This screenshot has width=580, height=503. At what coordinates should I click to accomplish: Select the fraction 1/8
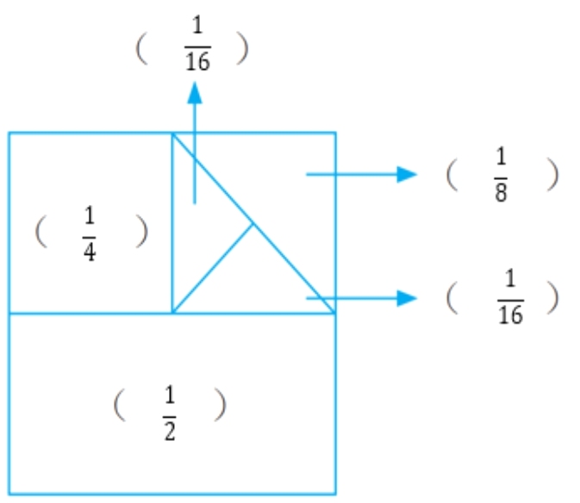(501, 175)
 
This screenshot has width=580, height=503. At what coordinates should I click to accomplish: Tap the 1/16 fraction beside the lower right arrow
(510, 298)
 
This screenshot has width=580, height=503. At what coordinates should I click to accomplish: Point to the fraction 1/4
(90, 233)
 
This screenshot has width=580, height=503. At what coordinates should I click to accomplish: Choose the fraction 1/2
(170, 413)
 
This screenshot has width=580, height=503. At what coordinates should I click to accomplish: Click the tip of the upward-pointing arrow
(196, 84)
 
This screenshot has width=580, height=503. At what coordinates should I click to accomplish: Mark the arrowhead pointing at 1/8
(408, 174)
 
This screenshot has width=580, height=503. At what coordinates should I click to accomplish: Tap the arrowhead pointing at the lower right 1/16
(408, 298)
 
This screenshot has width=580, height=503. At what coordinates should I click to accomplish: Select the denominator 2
(170, 430)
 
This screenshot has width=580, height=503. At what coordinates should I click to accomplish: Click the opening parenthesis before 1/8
(452, 176)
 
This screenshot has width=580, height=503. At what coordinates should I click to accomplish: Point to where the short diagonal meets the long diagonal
(253, 223)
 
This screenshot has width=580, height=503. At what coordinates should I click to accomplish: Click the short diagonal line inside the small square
(213, 268)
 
